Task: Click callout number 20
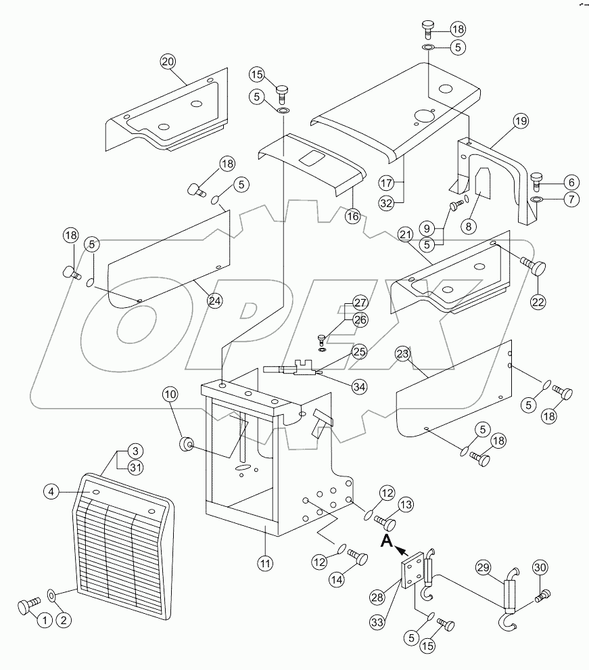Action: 168,62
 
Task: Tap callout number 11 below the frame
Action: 266,562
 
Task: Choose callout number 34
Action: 359,386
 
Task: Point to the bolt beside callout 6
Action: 538,179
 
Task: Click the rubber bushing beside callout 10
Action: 185,444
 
